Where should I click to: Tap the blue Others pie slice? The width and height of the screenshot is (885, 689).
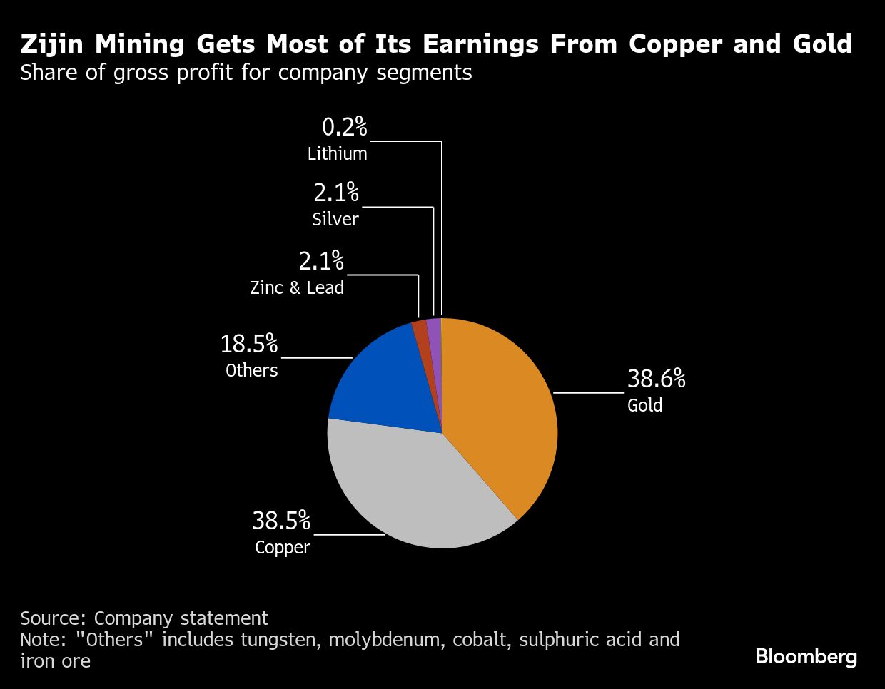pyautogui.click(x=385, y=385)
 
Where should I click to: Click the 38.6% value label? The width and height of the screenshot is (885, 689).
pyautogui.click(x=656, y=379)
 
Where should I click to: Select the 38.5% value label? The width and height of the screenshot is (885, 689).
pyautogui.click(x=281, y=521)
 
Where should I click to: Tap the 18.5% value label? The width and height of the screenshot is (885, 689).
pyautogui.click(x=248, y=344)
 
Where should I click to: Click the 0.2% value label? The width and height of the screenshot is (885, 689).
pyautogui.click(x=344, y=127)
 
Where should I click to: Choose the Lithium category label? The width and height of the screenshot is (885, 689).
pyautogui.click(x=338, y=153)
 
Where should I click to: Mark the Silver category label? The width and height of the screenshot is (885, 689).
pyautogui.click(x=335, y=218)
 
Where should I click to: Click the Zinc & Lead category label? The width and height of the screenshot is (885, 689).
pyautogui.click(x=297, y=287)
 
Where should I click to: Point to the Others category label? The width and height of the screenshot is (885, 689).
pyautogui.click(x=252, y=370)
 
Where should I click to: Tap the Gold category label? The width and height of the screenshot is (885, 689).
pyautogui.click(x=645, y=405)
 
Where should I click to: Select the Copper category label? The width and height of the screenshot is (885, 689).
pyautogui.click(x=283, y=548)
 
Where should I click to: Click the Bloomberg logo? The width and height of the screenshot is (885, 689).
pyautogui.click(x=806, y=656)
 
